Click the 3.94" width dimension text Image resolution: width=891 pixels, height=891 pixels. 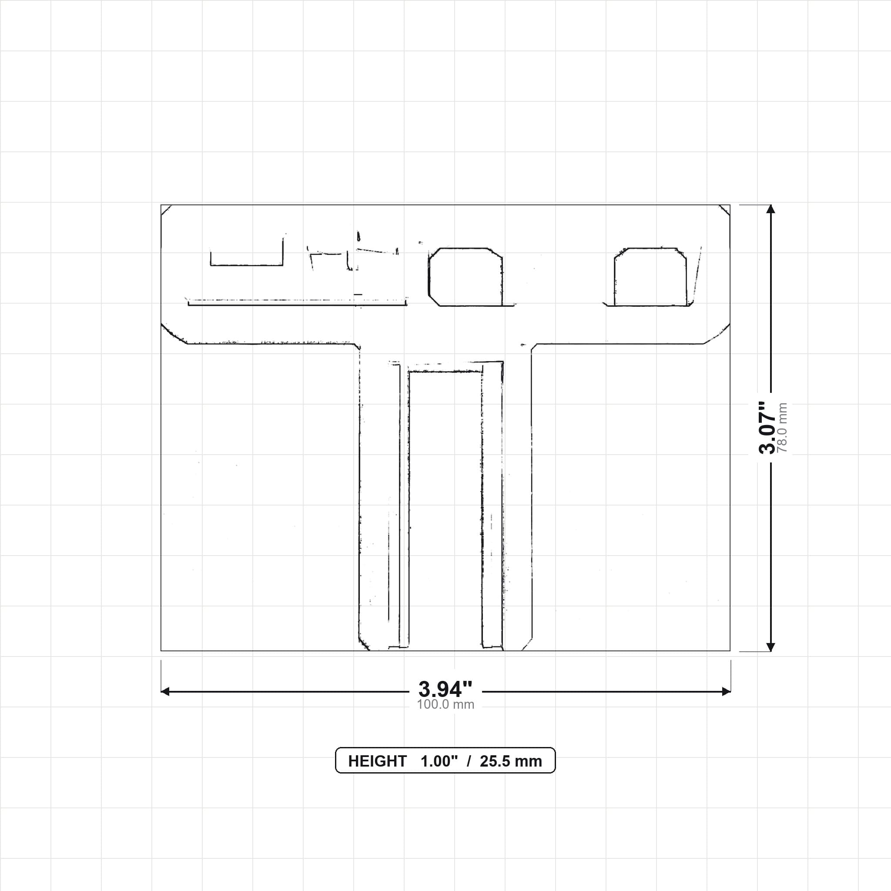(445, 689)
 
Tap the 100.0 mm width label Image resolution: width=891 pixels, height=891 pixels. (445, 704)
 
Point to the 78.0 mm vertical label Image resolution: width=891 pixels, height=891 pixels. (782, 428)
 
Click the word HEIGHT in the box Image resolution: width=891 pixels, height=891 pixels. (377, 761)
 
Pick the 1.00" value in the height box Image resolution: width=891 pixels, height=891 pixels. (439, 761)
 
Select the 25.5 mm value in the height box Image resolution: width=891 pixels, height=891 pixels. (511, 761)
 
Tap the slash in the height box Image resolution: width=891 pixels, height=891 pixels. (469, 761)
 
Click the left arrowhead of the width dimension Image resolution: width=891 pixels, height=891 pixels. (165, 691)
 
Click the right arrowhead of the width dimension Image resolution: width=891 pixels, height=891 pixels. (727, 691)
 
